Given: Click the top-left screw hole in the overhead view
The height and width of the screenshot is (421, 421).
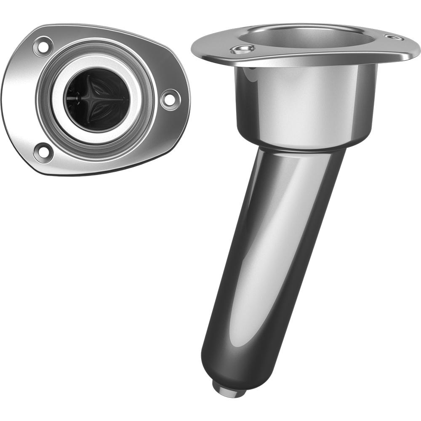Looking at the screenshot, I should (43, 46).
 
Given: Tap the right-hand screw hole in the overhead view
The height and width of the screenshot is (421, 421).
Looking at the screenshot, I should (171, 99).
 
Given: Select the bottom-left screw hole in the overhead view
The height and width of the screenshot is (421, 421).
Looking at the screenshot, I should (44, 152).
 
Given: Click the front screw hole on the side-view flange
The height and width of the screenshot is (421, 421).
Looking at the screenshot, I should (242, 50).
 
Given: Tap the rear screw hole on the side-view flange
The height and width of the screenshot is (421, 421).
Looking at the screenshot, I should (394, 37).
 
